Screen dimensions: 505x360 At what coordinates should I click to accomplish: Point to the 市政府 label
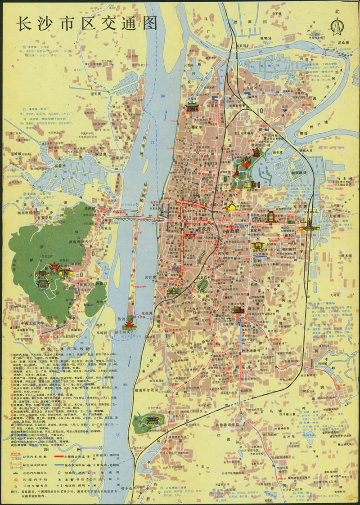(x=207, y=230)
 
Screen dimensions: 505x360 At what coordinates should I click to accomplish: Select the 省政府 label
(x=243, y=228)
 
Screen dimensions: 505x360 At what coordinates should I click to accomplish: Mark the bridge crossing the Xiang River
(x=137, y=218)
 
